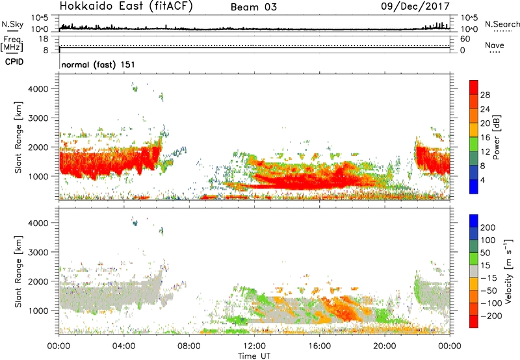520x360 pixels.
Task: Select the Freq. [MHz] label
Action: pos(11,43)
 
